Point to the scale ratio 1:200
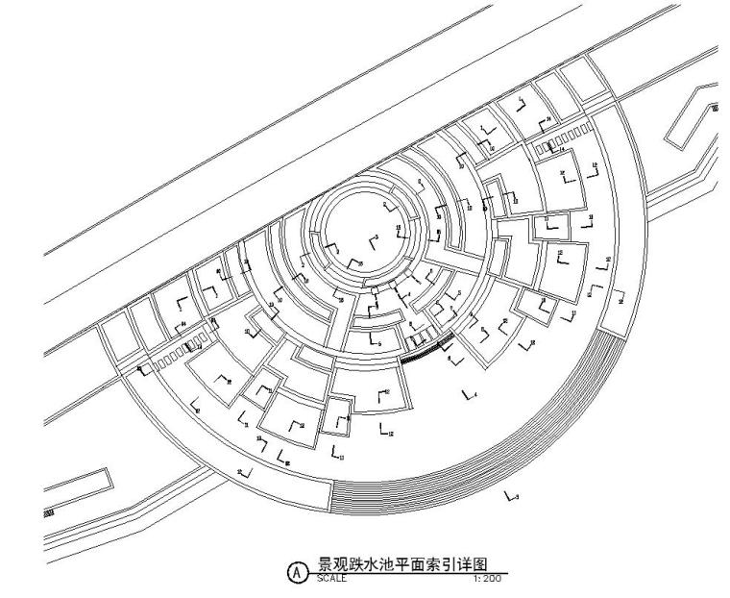click(487, 580)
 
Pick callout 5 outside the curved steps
click(513, 496)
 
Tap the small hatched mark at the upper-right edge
click(715, 109)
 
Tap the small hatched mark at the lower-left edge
click(49, 515)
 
